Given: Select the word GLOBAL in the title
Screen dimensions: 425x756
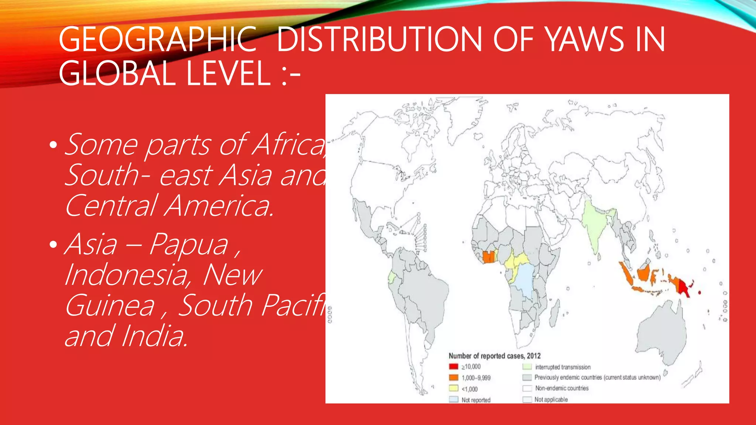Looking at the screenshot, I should coord(117,73).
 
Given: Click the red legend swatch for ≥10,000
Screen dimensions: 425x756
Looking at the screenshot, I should coord(453,367).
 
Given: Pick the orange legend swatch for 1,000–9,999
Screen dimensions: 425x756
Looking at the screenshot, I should coord(453,378).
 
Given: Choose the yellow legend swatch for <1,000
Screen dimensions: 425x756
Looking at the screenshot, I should coord(453,388).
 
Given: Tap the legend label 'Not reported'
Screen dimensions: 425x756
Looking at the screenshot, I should coord(476,400).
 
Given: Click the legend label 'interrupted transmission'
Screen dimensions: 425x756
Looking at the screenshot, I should coord(563,367).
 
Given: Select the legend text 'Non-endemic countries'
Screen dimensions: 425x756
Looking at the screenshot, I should coord(562,388).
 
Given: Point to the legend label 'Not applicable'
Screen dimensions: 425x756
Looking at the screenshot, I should coord(551,400).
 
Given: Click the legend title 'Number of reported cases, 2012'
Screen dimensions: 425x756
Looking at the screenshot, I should coord(494,356).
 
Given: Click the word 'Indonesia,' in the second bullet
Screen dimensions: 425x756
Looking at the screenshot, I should coord(128,275).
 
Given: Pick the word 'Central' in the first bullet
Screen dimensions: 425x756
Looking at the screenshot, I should coord(111,205).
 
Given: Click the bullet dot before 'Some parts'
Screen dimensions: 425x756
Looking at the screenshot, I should coord(54,145).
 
